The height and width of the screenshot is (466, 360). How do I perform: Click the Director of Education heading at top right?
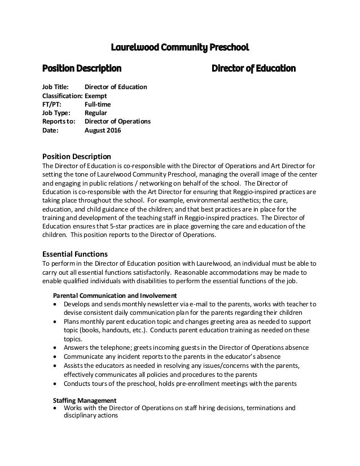click(x=253, y=69)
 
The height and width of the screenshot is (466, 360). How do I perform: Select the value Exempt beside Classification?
click(x=96, y=96)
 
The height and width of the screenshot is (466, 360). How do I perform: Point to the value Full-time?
click(x=99, y=104)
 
